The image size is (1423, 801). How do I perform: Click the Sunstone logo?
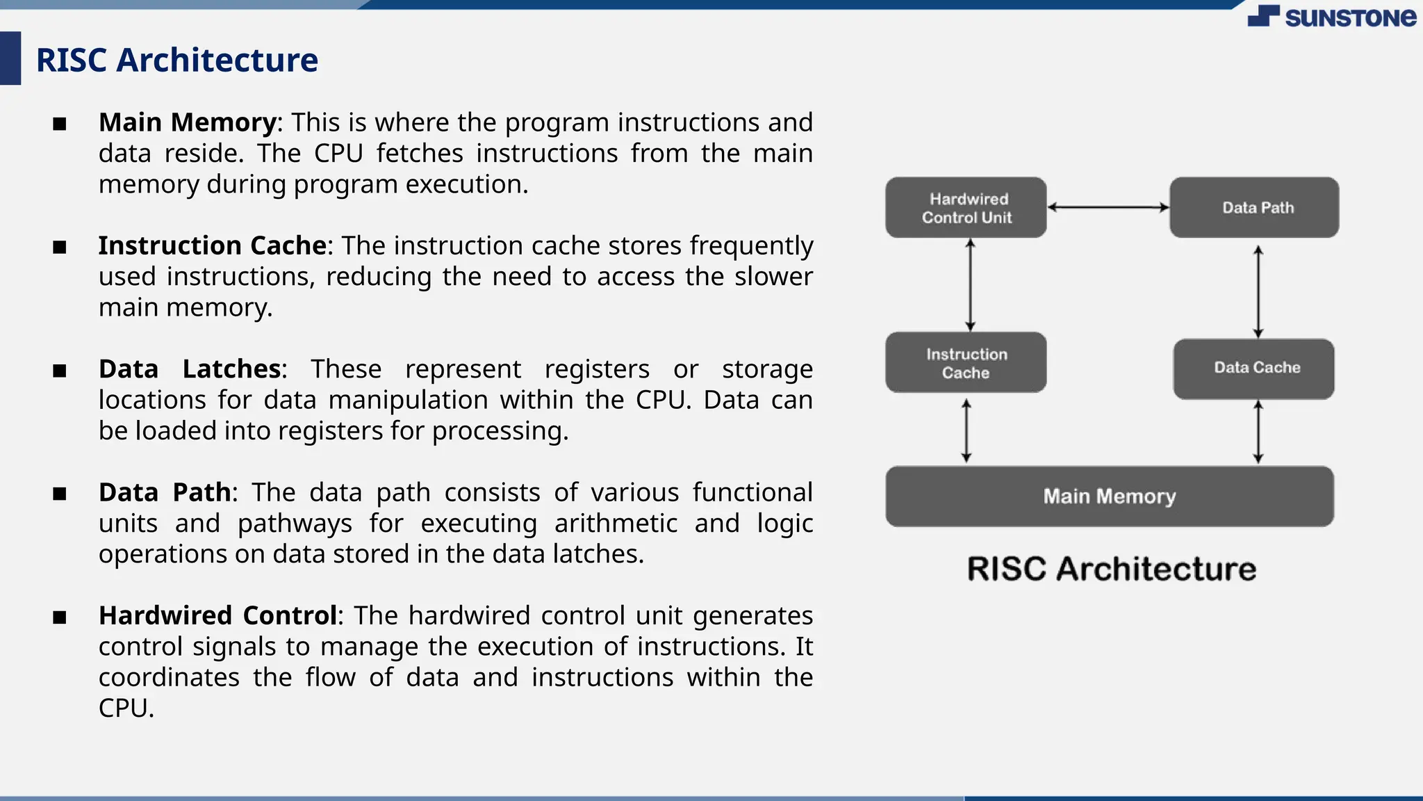pos(1331,17)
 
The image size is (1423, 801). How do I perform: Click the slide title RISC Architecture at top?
pos(177,60)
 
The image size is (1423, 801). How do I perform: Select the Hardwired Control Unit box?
pos(966,208)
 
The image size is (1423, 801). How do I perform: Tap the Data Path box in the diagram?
pos(1254,208)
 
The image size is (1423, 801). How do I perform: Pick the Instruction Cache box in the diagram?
pos(966,363)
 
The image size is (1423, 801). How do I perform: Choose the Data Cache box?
pos(1254,369)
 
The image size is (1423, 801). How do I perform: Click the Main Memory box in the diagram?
pos(1110,496)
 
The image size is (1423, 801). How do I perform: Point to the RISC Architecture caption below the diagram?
pos(1112,569)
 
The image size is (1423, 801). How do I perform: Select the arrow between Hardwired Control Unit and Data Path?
pos(1108,207)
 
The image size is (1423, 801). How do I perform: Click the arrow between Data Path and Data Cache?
pos(1258,292)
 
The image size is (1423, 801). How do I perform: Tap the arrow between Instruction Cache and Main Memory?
pos(966,431)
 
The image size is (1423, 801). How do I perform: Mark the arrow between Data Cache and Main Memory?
pos(1258,432)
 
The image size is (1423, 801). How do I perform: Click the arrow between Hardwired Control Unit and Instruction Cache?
pos(971,285)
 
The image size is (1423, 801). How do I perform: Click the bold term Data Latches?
pos(189,369)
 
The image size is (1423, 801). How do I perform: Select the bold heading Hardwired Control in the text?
pos(217,616)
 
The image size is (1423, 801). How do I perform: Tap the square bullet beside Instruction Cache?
pos(60,248)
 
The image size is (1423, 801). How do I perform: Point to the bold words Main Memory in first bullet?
pos(188,123)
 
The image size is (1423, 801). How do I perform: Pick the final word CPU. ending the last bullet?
pos(126,709)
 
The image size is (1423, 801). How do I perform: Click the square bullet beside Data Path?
pos(60,494)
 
